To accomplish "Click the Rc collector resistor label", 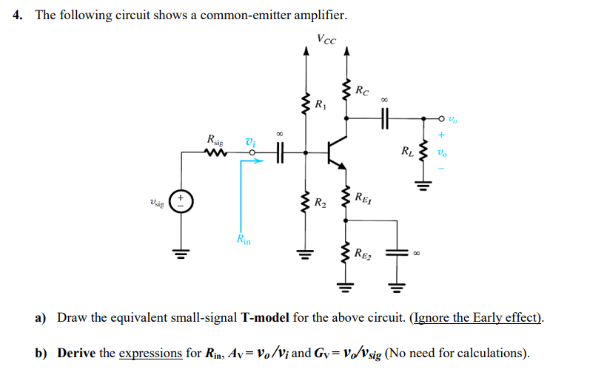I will [x=361, y=92].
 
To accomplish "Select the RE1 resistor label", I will [x=362, y=197].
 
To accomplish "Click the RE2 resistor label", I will [x=363, y=255].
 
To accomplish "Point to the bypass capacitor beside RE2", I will [x=396, y=252].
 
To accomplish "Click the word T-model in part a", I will [x=265, y=318].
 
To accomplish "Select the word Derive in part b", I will [x=76, y=353].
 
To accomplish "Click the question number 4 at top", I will [x=16, y=16].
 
